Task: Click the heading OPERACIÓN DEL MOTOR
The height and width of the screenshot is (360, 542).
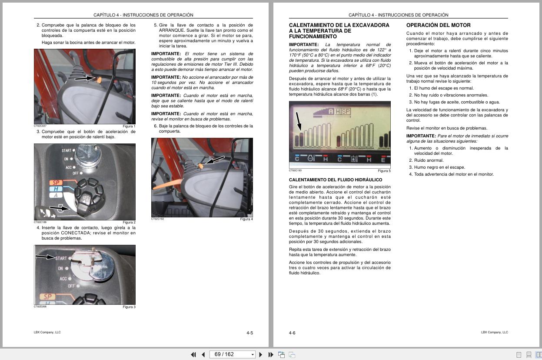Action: click(438, 25)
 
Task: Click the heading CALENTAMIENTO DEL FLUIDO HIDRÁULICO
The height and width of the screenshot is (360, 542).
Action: click(336, 180)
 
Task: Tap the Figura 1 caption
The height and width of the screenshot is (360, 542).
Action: click(129, 127)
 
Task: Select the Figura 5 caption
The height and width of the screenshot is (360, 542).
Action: click(384, 171)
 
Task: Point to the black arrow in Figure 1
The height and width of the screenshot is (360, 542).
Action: click(84, 79)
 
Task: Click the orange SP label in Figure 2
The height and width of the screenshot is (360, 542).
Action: click(56, 183)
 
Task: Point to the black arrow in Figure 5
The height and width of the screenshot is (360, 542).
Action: click(298, 120)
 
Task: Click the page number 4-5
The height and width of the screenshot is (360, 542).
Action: click(249, 333)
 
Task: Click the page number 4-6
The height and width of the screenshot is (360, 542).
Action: click(292, 333)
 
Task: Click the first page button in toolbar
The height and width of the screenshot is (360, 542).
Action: click(193, 355)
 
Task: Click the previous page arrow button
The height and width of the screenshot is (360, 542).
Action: click(203, 355)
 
